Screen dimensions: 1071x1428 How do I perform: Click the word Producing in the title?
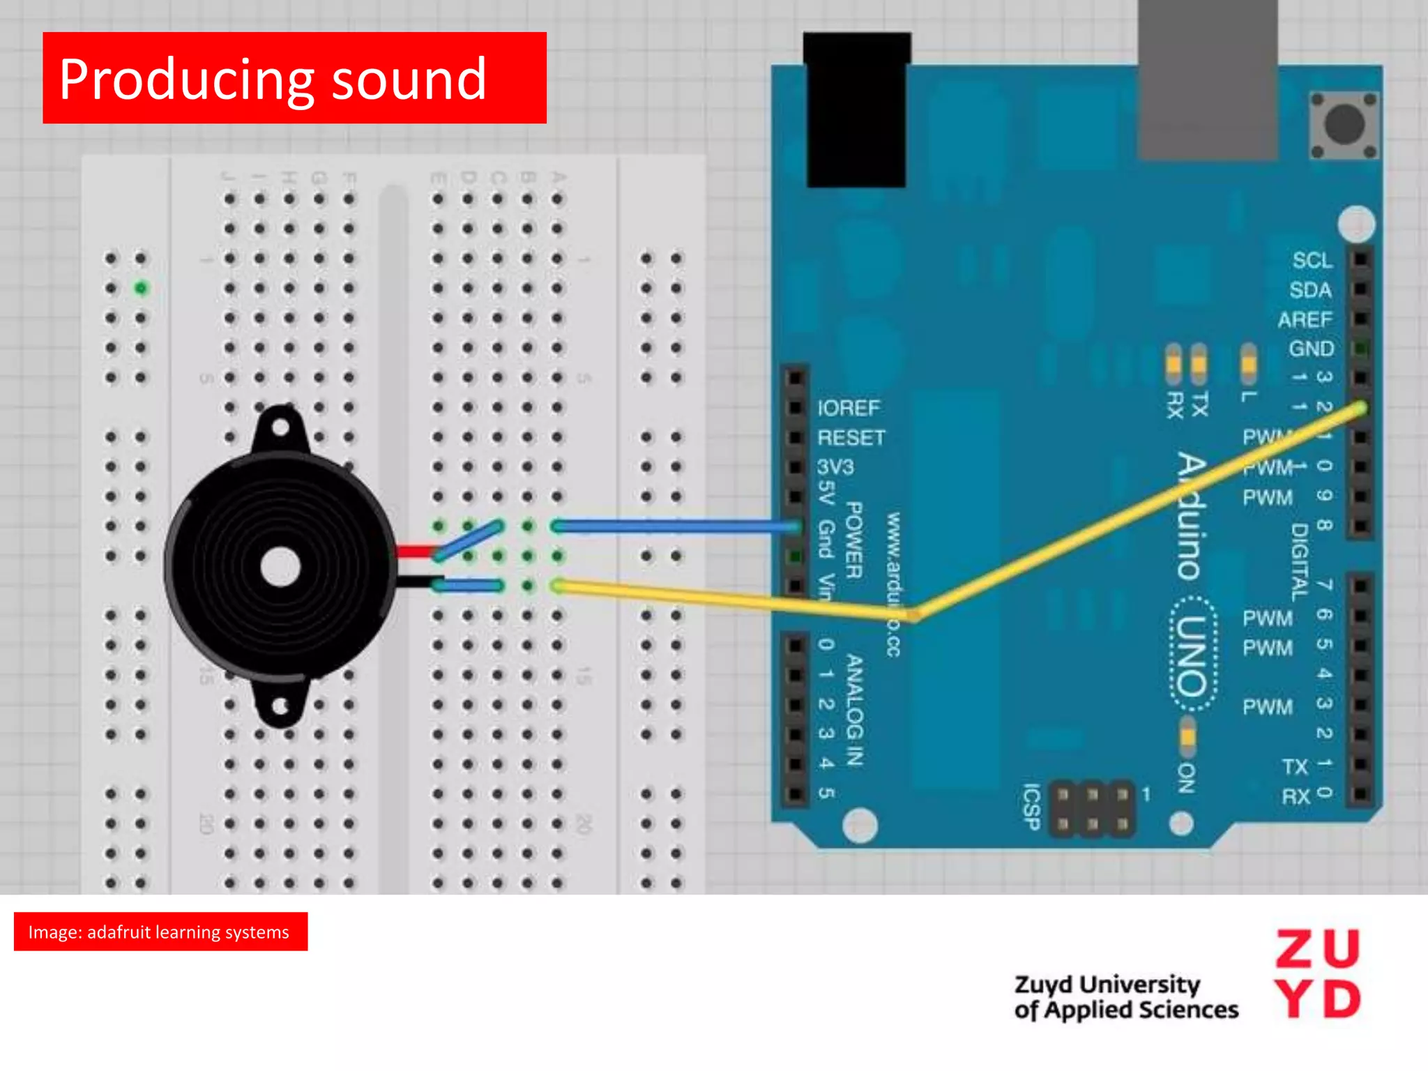(x=185, y=81)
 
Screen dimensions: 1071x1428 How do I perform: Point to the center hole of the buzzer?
(x=280, y=567)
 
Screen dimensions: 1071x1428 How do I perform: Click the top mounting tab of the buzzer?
(x=280, y=427)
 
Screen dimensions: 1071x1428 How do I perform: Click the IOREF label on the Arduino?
(x=849, y=408)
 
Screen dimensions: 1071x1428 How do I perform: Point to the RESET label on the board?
(x=851, y=438)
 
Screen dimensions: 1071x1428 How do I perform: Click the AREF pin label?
(x=1305, y=320)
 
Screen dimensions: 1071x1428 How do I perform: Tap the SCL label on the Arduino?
(x=1312, y=261)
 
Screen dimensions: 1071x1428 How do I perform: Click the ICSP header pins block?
(x=1092, y=809)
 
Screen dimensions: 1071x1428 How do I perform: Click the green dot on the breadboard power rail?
(x=142, y=288)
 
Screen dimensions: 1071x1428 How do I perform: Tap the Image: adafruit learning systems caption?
(x=160, y=932)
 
